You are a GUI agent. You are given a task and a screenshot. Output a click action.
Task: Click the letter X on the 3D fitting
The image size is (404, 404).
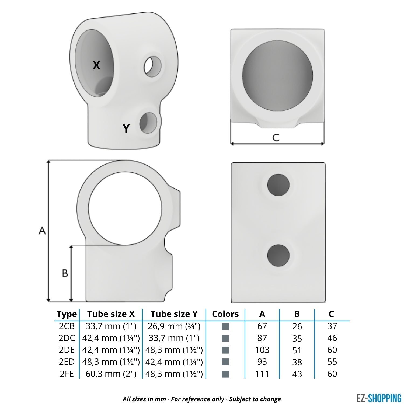[x=96, y=65]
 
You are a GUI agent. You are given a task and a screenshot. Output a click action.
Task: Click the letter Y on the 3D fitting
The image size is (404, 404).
[x=126, y=128]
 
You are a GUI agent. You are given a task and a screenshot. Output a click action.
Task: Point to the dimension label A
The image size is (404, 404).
[x=42, y=231]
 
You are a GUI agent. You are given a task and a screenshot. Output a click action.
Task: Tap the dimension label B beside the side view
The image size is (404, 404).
[x=65, y=273]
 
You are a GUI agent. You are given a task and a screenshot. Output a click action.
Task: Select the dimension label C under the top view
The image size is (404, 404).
[x=276, y=137]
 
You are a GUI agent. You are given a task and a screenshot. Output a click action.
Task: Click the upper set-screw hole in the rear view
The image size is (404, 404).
[x=278, y=185]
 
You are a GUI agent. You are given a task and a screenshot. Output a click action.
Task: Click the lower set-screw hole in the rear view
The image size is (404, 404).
[x=278, y=256]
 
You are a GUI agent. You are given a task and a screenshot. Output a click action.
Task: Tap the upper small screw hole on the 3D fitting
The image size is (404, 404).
[x=152, y=66]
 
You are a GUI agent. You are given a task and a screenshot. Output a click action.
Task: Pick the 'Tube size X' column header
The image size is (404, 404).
[x=111, y=314]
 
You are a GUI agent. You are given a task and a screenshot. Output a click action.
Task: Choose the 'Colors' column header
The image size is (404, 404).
[x=225, y=314]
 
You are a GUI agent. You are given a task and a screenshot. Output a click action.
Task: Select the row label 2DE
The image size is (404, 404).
[x=67, y=350]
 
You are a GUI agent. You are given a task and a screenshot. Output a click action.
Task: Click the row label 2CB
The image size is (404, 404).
[x=67, y=326]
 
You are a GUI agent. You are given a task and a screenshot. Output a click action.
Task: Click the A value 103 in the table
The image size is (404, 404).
[x=262, y=350]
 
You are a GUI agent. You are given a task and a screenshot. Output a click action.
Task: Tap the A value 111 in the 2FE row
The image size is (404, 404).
[x=262, y=374]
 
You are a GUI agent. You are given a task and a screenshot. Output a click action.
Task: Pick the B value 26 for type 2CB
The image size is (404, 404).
[x=297, y=326]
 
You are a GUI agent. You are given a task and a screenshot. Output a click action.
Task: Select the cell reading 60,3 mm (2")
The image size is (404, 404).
[x=111, y=374]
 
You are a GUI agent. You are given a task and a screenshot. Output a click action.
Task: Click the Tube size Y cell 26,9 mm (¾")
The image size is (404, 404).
[x=174, y=326]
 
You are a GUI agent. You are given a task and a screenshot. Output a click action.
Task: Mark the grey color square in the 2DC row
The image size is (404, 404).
[x=225, y=338]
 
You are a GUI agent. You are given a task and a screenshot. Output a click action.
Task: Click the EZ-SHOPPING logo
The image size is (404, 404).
[x=379, y=398]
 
